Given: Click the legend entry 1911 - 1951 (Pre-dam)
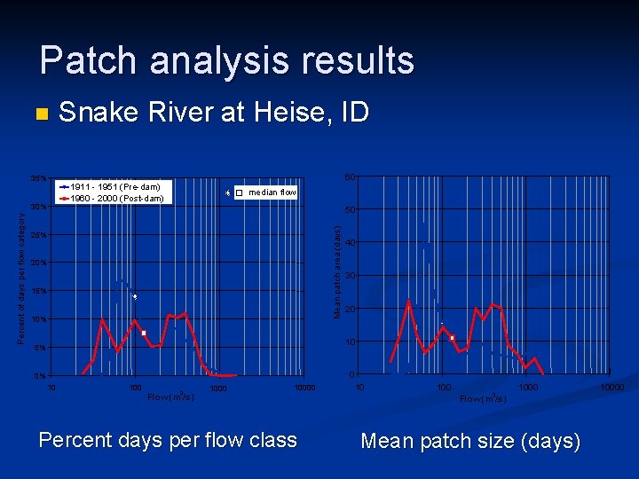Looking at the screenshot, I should click(114, 187).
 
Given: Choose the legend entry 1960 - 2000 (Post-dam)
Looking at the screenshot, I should click(116, 198).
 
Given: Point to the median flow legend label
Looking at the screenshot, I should click(272, 192).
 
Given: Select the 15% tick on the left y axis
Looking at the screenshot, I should click(39, 291).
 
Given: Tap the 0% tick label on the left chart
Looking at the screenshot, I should click(41, 376).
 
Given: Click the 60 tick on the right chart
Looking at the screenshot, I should click(351, 177).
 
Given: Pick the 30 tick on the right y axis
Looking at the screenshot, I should click(351, 276).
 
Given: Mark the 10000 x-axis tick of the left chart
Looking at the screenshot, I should click(304, 388).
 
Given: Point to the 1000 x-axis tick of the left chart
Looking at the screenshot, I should click(218, 388).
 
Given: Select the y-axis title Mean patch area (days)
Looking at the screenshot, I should click(337, 271).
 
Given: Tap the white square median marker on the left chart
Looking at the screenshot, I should click(143, 333).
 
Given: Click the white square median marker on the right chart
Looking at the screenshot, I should click(452, 337).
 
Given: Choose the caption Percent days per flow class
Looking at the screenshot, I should click(168, 440).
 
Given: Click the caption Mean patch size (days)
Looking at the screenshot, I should click(470, 441).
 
